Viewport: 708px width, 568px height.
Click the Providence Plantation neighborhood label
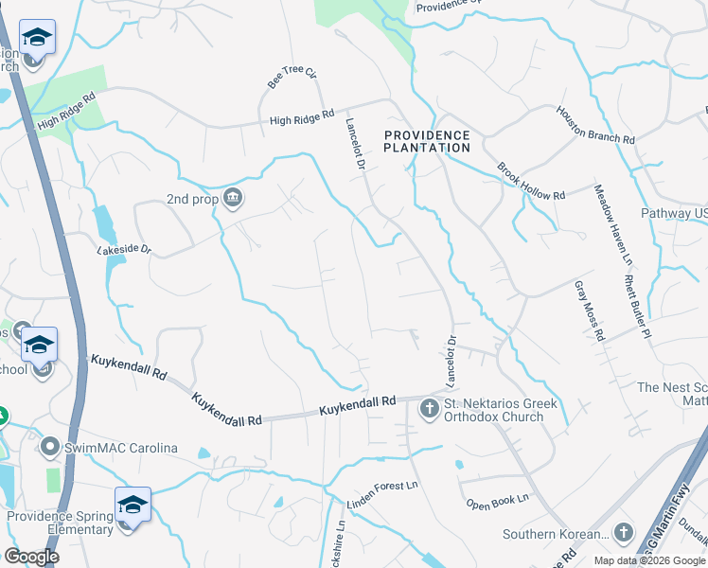click(427, 142)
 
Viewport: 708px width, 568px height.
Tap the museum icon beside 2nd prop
click(233, 198)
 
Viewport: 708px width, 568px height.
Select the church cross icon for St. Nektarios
click(428, 410)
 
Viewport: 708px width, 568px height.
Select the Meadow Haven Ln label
click(611, 225)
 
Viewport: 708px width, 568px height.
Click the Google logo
click(32, 557)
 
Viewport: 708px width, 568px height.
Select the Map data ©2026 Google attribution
click(648, 560)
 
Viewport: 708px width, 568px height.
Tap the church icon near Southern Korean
click(623, 533)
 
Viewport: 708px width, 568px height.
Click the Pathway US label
click(674, 214)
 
